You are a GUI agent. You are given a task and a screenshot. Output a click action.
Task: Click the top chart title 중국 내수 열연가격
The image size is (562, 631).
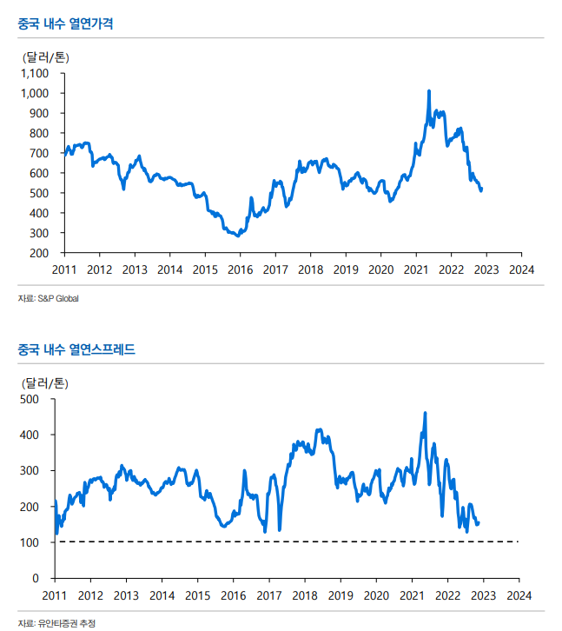pyautogui.click(x=65, y=23)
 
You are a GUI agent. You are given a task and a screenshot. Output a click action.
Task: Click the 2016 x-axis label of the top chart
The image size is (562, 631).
pyautogui.click(x=240, y=269)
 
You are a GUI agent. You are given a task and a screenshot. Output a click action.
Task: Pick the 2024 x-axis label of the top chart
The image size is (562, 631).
pyautogui.click(x=520, y=269)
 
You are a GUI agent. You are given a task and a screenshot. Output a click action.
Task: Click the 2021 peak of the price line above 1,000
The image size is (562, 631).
pyautogui.click(x=429, y=90)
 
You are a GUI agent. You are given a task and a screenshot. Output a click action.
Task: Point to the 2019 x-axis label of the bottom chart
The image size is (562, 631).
pyautogui.click(x=340, y=595)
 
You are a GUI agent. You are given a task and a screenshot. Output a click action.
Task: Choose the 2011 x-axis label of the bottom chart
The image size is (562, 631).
pyautogui.click(x=54, y=595)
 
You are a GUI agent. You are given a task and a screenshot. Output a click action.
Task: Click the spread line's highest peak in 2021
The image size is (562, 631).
pyautogui.click(x=425, y=413)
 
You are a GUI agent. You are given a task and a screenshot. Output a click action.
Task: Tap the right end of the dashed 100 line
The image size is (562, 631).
pyautogui.click(x=518, y=541)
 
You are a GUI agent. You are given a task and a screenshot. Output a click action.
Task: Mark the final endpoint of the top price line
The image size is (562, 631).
pyautogui.click(x=482, y=189)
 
